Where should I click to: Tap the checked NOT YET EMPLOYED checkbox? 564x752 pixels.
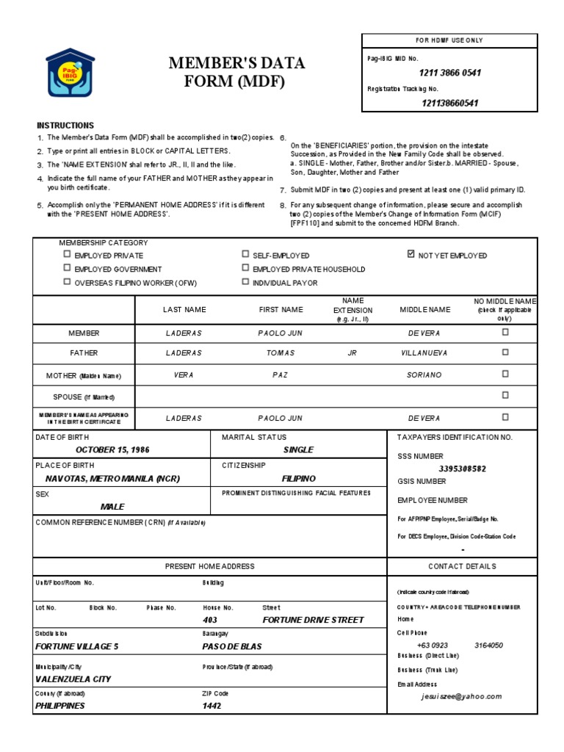pos(411,255)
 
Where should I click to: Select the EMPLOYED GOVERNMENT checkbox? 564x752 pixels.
pos(68,269)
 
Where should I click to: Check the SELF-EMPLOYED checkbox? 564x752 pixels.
pos(246,255)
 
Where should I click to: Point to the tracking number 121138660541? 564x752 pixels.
pos(450,103)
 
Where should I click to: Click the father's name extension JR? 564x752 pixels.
pos(352,353)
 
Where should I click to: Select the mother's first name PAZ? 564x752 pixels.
pos(281,375)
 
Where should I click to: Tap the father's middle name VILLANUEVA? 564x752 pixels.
pos(424,353)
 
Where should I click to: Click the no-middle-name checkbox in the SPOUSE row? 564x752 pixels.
pos(505,395)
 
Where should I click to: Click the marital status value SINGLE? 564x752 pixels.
pos(298,449)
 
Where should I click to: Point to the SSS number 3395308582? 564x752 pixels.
pos(462,469)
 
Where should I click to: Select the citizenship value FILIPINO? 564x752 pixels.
pos(298,478)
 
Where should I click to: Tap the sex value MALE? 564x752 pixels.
pos(112,507)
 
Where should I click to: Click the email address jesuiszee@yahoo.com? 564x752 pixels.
pos(461,696)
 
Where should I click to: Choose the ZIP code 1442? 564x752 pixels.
pos(211,706)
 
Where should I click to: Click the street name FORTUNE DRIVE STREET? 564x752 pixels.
pos(313,620)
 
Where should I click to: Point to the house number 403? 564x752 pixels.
pos(211,620)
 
